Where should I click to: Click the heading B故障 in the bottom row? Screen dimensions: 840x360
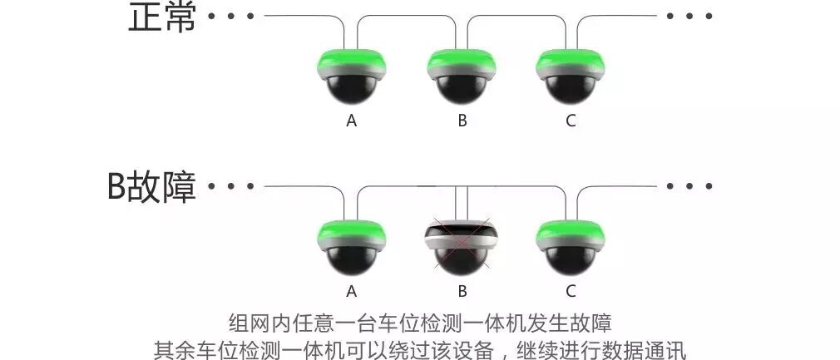[x=151, y=187]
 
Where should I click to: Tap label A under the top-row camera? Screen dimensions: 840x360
[x=352, y=121]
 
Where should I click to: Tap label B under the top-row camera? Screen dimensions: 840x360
[x=462, y=121]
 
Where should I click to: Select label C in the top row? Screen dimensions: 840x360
[x=571, y=121]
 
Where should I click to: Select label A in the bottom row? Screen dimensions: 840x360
[x=352, y=291]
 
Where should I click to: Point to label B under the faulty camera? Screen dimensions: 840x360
[x=462, y=291]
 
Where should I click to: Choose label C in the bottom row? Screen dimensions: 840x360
[x=571, y=291]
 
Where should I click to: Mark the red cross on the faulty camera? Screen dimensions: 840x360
[x=462, y=244]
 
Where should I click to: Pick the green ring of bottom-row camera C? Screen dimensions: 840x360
[x=571, y=232]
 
